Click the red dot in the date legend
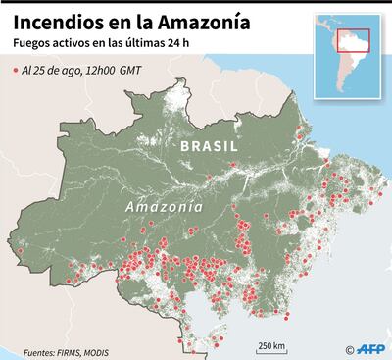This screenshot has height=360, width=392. coord(16,72)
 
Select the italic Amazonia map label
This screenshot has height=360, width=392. coord(164,208)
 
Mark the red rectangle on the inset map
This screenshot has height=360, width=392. coord(352,40)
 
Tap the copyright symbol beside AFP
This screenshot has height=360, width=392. coord(350,348)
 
